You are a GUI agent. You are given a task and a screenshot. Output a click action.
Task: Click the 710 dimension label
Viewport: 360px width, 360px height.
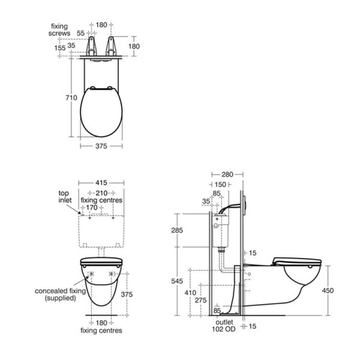[x=71, y=98]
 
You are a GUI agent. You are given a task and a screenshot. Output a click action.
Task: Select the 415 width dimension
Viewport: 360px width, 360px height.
[x=101, y=183]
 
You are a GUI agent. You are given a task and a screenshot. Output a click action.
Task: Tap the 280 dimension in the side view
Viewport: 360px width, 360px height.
[x=227, y=175]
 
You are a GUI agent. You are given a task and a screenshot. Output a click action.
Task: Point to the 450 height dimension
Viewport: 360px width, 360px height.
[x=328, y=290]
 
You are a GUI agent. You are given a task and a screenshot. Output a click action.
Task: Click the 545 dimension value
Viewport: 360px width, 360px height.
[x=177, y=281]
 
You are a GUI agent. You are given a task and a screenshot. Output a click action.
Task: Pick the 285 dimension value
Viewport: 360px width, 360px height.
[x=177, y=230]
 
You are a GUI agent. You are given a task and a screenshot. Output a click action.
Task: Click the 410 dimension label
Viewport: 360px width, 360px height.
[x=190, y=292]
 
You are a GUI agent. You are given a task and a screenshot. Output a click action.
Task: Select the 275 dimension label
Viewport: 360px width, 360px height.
[x=201, y=300]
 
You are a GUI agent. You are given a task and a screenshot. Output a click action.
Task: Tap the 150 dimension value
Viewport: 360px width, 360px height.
[x=220, y=184]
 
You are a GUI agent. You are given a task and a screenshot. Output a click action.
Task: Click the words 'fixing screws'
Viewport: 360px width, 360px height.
[x=59, y=30]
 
